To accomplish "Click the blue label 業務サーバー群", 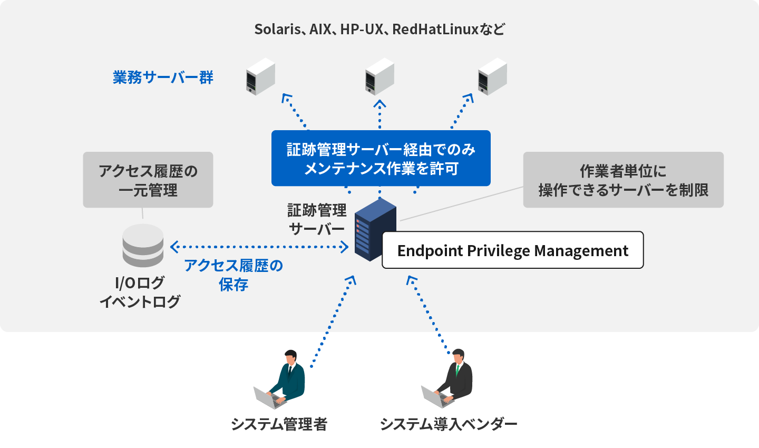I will click(163, 77).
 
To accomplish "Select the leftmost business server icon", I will click(260, 77).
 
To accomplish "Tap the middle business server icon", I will click(379, 77).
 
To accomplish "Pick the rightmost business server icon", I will click(492, 77).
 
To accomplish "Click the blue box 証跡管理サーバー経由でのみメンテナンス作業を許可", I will click(381, 158).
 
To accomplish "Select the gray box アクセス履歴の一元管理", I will click(148, 180).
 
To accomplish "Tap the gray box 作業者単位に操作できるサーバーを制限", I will click(623, 180).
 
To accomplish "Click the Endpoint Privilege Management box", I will click(512, 250).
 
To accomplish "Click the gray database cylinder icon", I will click(143, 245).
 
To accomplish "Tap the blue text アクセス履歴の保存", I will click(233, 275).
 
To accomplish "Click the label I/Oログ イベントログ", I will click(140, 292).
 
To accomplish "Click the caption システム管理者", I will click(279, 424).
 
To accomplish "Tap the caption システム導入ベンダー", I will click(449, 424).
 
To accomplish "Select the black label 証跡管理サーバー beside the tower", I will click(317, 219).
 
